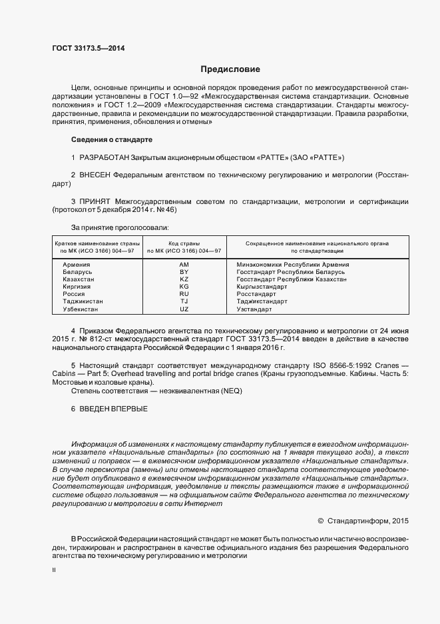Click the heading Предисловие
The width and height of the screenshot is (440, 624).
(230, 69)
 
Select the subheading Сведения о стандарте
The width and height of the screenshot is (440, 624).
(111, 140)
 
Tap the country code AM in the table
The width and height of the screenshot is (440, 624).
(184, 265)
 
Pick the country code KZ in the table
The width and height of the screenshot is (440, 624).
(184, 279)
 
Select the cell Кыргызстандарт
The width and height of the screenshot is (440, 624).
(262, 287)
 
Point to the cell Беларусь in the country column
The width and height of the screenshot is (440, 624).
(77, 272)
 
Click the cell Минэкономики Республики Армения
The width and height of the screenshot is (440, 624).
(293, 265)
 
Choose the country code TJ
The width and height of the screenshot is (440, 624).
(184, 301)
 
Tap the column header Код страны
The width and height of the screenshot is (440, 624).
(184, 243)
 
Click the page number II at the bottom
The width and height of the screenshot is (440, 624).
(54, 571)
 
